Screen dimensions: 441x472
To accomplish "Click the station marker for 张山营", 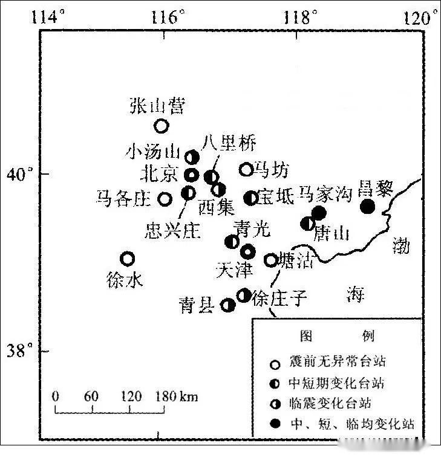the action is coord(161,126).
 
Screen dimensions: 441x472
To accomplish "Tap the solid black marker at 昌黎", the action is coord(367,207).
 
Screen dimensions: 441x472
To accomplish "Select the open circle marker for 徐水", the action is coord(127,259).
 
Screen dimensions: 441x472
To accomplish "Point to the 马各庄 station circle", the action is coord(165,199).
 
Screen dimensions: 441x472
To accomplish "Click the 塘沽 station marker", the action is coord(270,260).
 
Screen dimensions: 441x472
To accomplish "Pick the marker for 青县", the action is coord(228,305).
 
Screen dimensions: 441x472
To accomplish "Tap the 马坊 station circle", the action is coord(246,170).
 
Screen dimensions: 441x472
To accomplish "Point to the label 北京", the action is coord(159,174).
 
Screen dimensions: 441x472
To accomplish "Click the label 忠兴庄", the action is coord(172,231).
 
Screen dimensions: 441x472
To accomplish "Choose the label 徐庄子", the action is coord(280,298).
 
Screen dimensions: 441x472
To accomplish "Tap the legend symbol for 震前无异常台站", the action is coord(275,364).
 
